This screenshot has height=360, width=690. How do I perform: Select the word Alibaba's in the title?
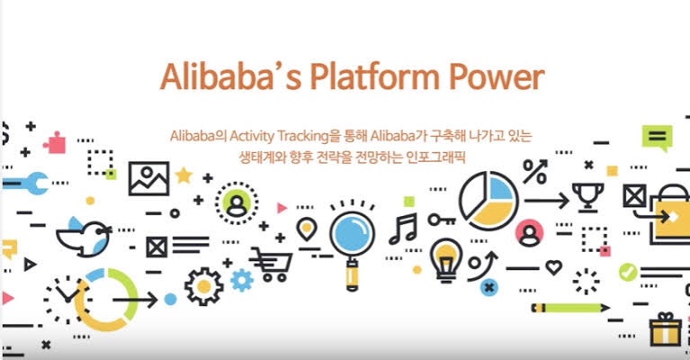point(231,77)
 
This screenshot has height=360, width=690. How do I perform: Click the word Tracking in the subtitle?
point(304,136)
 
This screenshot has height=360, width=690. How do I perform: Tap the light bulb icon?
point(446,260)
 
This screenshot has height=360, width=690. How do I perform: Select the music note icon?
point(403,229)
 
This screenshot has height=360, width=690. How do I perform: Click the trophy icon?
point(587,198)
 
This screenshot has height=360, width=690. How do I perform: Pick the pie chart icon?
point(488,201)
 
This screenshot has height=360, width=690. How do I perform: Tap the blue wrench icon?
point(25,183)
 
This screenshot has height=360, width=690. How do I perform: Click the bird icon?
point(84,238)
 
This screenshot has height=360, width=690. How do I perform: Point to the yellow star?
point(184,175)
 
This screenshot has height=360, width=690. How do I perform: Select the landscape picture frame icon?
point(148,179)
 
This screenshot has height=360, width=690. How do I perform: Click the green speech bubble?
point(658,138)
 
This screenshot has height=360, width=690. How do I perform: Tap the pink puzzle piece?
point(55,142)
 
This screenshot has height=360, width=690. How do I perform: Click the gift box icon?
point(666,329)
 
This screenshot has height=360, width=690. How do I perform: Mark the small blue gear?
point(242,280)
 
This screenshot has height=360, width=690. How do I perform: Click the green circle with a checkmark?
point(628,272)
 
